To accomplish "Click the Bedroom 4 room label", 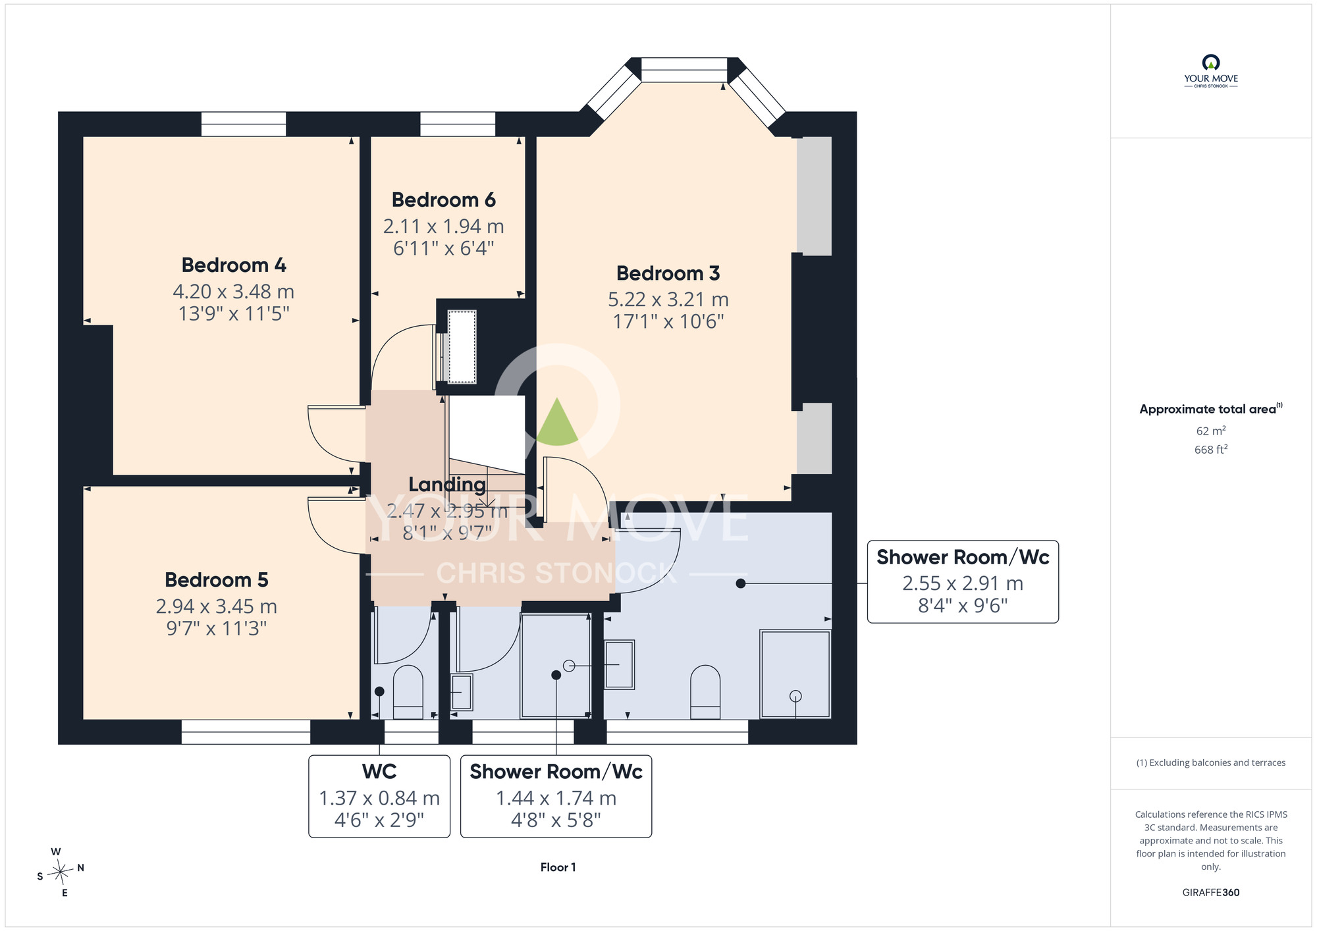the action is pos(234,265).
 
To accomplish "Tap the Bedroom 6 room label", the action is pos(443,200).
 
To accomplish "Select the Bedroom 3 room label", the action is pos(668,273).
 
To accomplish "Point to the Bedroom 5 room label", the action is pos(217,580).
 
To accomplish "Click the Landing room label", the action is pos(447,485).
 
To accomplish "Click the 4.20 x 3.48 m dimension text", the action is pos(234,292).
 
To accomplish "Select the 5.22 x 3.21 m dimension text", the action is pos(668,300).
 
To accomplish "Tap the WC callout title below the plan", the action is pos(379,772).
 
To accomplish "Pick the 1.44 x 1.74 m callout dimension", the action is pos(556,799).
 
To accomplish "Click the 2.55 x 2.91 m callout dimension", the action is pos(963,583).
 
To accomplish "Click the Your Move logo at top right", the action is pos(1211,71).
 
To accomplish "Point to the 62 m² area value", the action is pos(1211,431).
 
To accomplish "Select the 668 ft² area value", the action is pos(1211,450).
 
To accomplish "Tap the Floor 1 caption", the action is pos(558,868).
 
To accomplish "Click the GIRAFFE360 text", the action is pos(1211,893).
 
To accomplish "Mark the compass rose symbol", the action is pos(61,873).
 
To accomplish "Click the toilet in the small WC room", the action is pos(408,692).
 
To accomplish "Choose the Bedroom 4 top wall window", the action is pos(244,124).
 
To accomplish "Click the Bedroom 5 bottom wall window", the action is pos(246,732).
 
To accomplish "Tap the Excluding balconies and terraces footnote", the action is pos(1211,763).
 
